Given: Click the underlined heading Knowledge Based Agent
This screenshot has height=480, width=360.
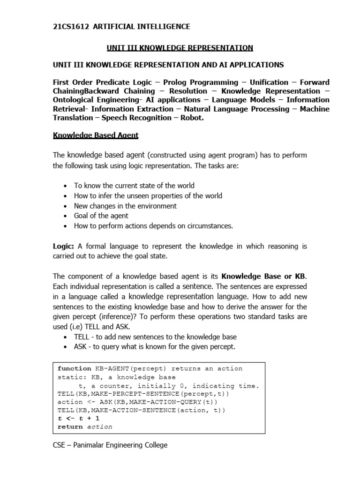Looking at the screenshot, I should tap(96, 135).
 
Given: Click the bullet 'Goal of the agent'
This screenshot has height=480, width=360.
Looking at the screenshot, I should tap(101, 216).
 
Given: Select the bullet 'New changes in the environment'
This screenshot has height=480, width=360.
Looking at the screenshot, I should tap(125, 206).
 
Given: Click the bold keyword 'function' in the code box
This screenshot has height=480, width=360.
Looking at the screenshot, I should tap(75, 368).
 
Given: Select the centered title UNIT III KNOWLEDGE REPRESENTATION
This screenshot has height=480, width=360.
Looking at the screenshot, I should tap(180, 48).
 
